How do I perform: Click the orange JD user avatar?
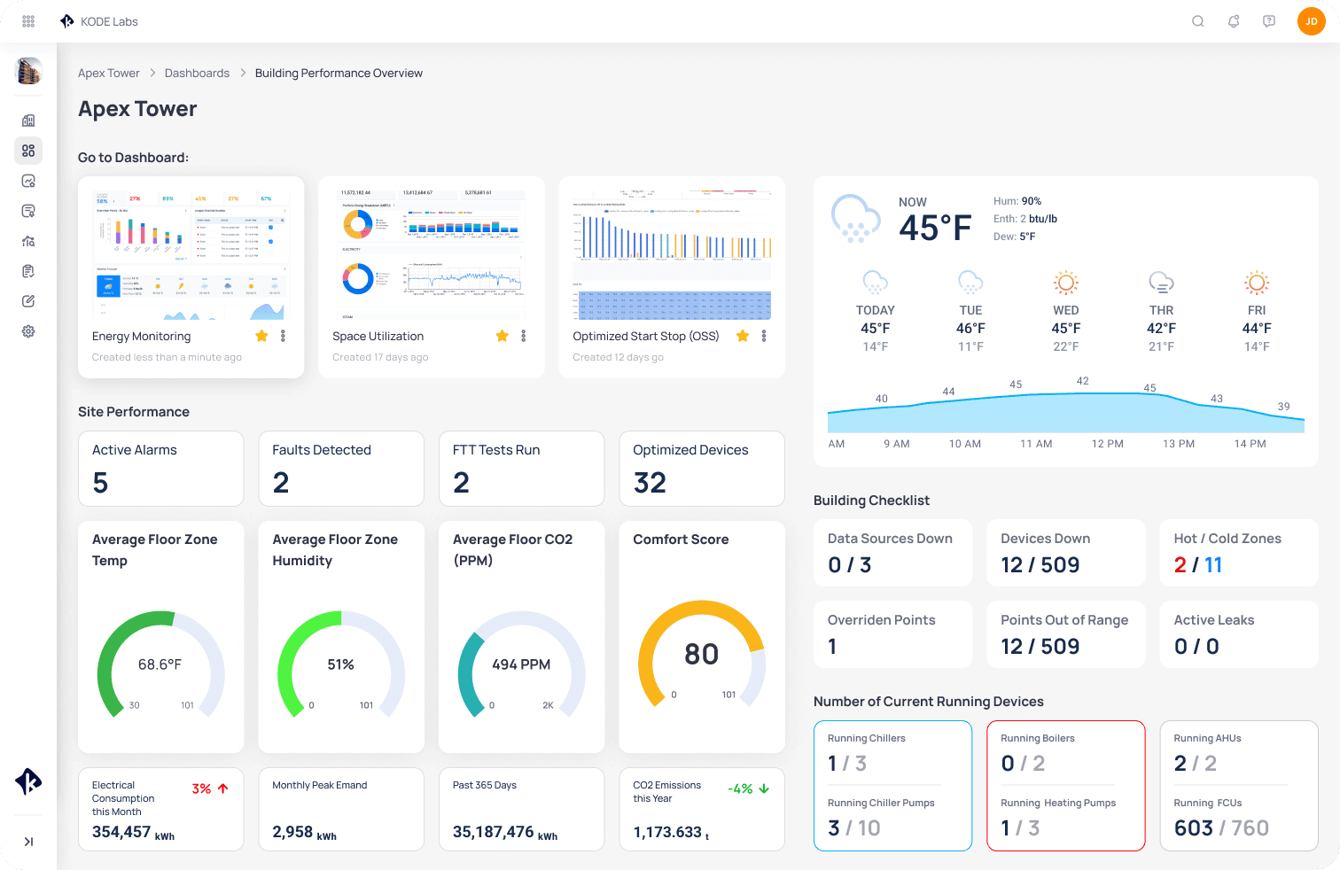click(x=1311, y=21)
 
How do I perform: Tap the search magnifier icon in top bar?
click(x=1197, y=21)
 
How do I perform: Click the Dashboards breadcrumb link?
click(x=197, y=74)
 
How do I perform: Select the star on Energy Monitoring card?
click(x=261, y=336)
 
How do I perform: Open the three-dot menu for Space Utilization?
click(x=523, y=336)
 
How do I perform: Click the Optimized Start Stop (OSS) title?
click(x=645, y=337)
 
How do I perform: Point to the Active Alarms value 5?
click(x=100, y=483)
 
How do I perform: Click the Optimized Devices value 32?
click(x=650, y=483)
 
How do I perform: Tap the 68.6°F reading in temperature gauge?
click(x=160, y=664)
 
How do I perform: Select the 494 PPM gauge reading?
click(x=521, y=664)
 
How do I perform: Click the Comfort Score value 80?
click(x=701, y=655)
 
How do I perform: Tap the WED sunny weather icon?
click(x=1065, y=284)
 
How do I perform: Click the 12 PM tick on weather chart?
click(x=1107, y=444)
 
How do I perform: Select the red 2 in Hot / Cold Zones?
click(x=1180, y=565)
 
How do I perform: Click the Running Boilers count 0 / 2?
click(x=1023, y=764)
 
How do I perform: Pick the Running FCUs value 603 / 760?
click(x=1220, y=828)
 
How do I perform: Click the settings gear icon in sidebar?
click(x=28, y=331)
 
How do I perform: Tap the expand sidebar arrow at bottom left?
click(x=28, y=842)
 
